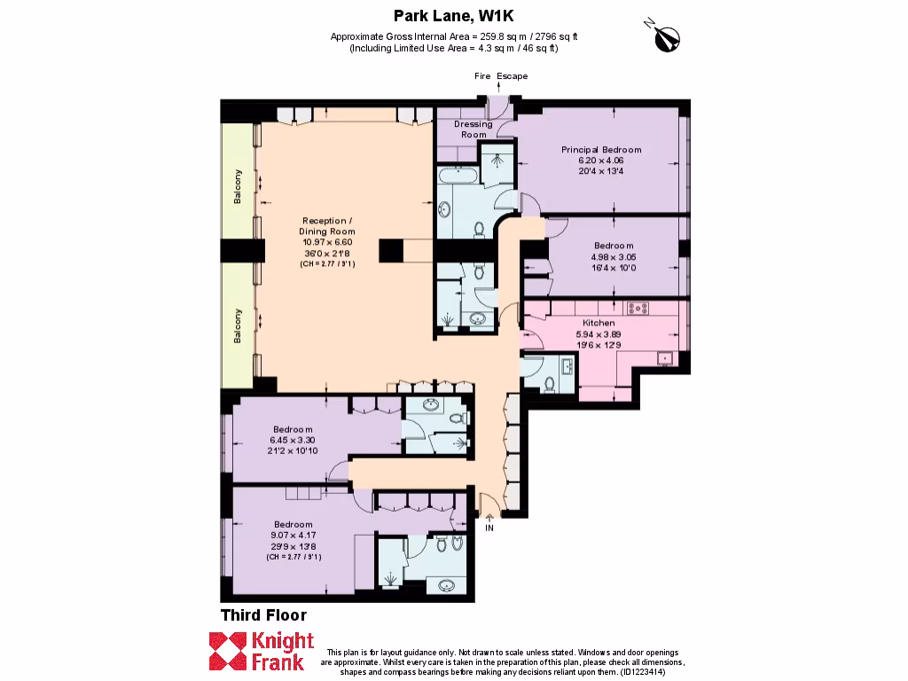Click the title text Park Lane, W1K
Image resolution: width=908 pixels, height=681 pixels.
click(453, 14)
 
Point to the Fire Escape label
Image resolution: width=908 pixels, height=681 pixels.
click(500, 76)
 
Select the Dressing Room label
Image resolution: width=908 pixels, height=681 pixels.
click(473, 129)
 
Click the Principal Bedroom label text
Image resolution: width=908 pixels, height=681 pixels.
click(600, 150)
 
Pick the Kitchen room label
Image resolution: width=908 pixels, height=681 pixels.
click(598, 323)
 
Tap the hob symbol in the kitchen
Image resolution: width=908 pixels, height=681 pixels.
click(638, 309)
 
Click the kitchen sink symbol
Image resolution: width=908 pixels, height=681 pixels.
click(663, 358)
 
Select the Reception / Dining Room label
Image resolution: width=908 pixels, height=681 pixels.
click(327, 226)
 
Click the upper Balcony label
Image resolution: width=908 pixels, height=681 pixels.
click(238, 186)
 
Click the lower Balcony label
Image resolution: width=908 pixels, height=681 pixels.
click(238, 325)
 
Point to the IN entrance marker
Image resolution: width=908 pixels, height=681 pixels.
click(489, 528)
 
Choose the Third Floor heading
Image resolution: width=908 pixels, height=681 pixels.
click(263, 615)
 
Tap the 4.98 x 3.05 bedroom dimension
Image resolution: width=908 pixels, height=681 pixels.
click(614, 258)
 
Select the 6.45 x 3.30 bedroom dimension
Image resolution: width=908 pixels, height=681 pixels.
click(293, 440)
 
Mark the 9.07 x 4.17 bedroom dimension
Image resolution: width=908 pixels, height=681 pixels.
click(293, 536)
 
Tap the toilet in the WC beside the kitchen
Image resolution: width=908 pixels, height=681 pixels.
click(548, 384)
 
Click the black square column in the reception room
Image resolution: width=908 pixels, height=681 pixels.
click(391, 251)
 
